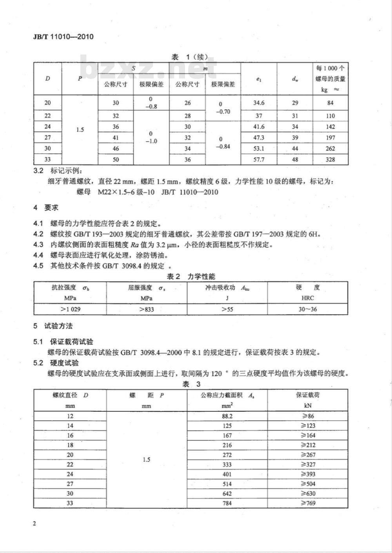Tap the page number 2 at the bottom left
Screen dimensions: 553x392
coord(35,524)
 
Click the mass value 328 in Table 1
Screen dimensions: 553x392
coord(330,159)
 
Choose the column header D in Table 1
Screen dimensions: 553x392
coord(47,78)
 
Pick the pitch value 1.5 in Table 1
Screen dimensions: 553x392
coord(80,129)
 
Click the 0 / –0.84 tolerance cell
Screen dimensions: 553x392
coord(223,143)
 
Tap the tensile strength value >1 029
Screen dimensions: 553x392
coord(71,309)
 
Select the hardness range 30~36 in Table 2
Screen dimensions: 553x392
coord(307,309)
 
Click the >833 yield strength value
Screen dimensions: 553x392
coord(147,309)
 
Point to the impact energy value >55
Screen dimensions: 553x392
coord(227,309)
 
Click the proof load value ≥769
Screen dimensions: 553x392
coord(308,503)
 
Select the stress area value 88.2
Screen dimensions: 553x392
coord(227,416)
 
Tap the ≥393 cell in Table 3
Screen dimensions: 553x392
coord(308,474)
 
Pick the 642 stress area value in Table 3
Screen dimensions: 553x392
coord(227,493)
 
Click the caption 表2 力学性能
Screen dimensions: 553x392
coord(191,276)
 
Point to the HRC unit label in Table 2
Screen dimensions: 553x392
coord(307,298)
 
